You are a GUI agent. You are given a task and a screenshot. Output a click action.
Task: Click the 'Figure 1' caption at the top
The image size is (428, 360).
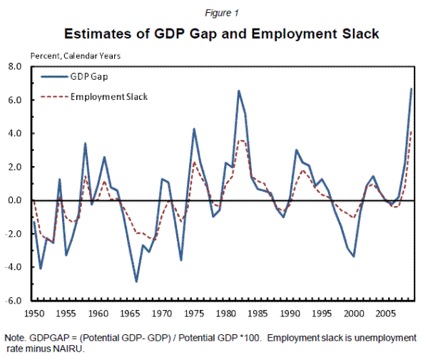213,12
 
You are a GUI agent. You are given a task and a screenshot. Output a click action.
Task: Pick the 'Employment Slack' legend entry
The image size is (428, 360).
109,96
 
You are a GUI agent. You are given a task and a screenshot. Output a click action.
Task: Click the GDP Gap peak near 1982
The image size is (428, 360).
239,91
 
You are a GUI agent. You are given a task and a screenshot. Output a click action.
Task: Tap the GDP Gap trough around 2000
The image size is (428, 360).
355,256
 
